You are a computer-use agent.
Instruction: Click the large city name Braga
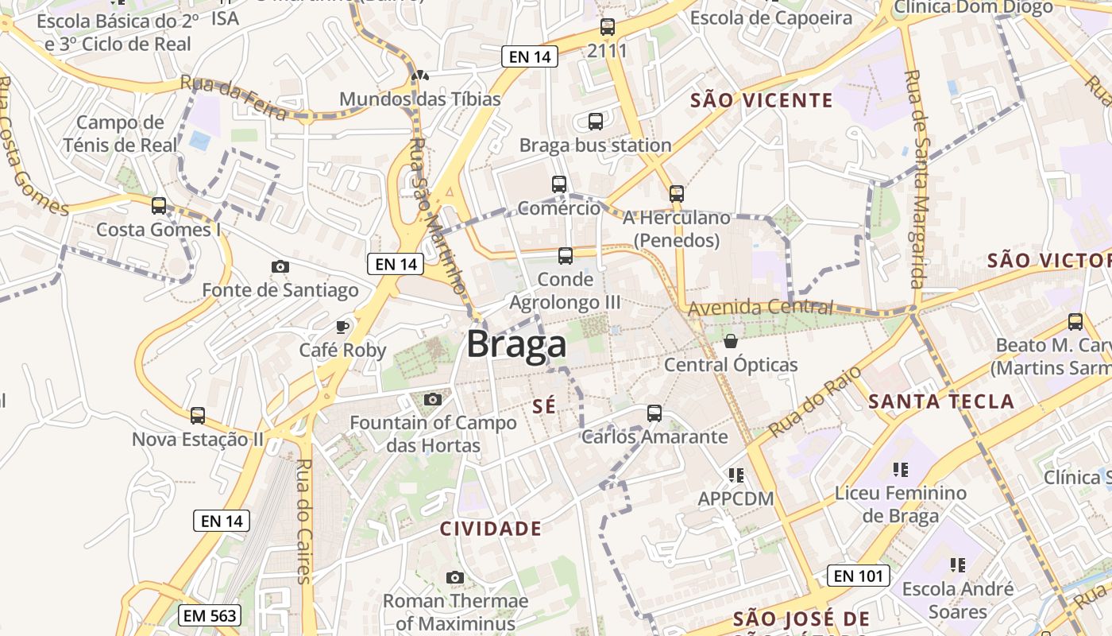tap(516, 344)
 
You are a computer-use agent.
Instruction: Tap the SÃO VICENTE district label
tap(761, 100)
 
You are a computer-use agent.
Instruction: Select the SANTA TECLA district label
tap(941, 401)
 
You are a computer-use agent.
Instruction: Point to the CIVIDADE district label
tap(491, 529)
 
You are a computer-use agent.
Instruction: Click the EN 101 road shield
tap(858, 576)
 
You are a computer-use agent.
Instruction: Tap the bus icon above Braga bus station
tap(595, 122)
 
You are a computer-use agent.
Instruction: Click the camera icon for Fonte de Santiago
tap(280, 266)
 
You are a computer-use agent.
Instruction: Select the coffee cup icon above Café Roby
tap(342, 326)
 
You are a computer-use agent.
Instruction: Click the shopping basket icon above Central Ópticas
tap(730, 341)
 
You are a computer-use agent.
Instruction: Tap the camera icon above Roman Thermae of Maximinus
tap(454, 577)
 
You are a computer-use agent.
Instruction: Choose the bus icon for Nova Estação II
tap(197, 415)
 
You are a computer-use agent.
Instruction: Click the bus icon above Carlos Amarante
tap(654, 413)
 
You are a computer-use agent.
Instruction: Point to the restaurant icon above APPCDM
tap(736, 475)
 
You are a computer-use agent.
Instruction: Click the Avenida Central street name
tap(761, 308)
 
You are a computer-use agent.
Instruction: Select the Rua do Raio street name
tap(805, 402)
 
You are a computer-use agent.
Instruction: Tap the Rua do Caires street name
tap(303, 521)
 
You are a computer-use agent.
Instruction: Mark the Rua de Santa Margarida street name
tap(917, 179)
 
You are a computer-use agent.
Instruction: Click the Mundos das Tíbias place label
tap(420, 99)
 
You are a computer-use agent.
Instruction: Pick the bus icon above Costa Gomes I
tap(159, 206)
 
